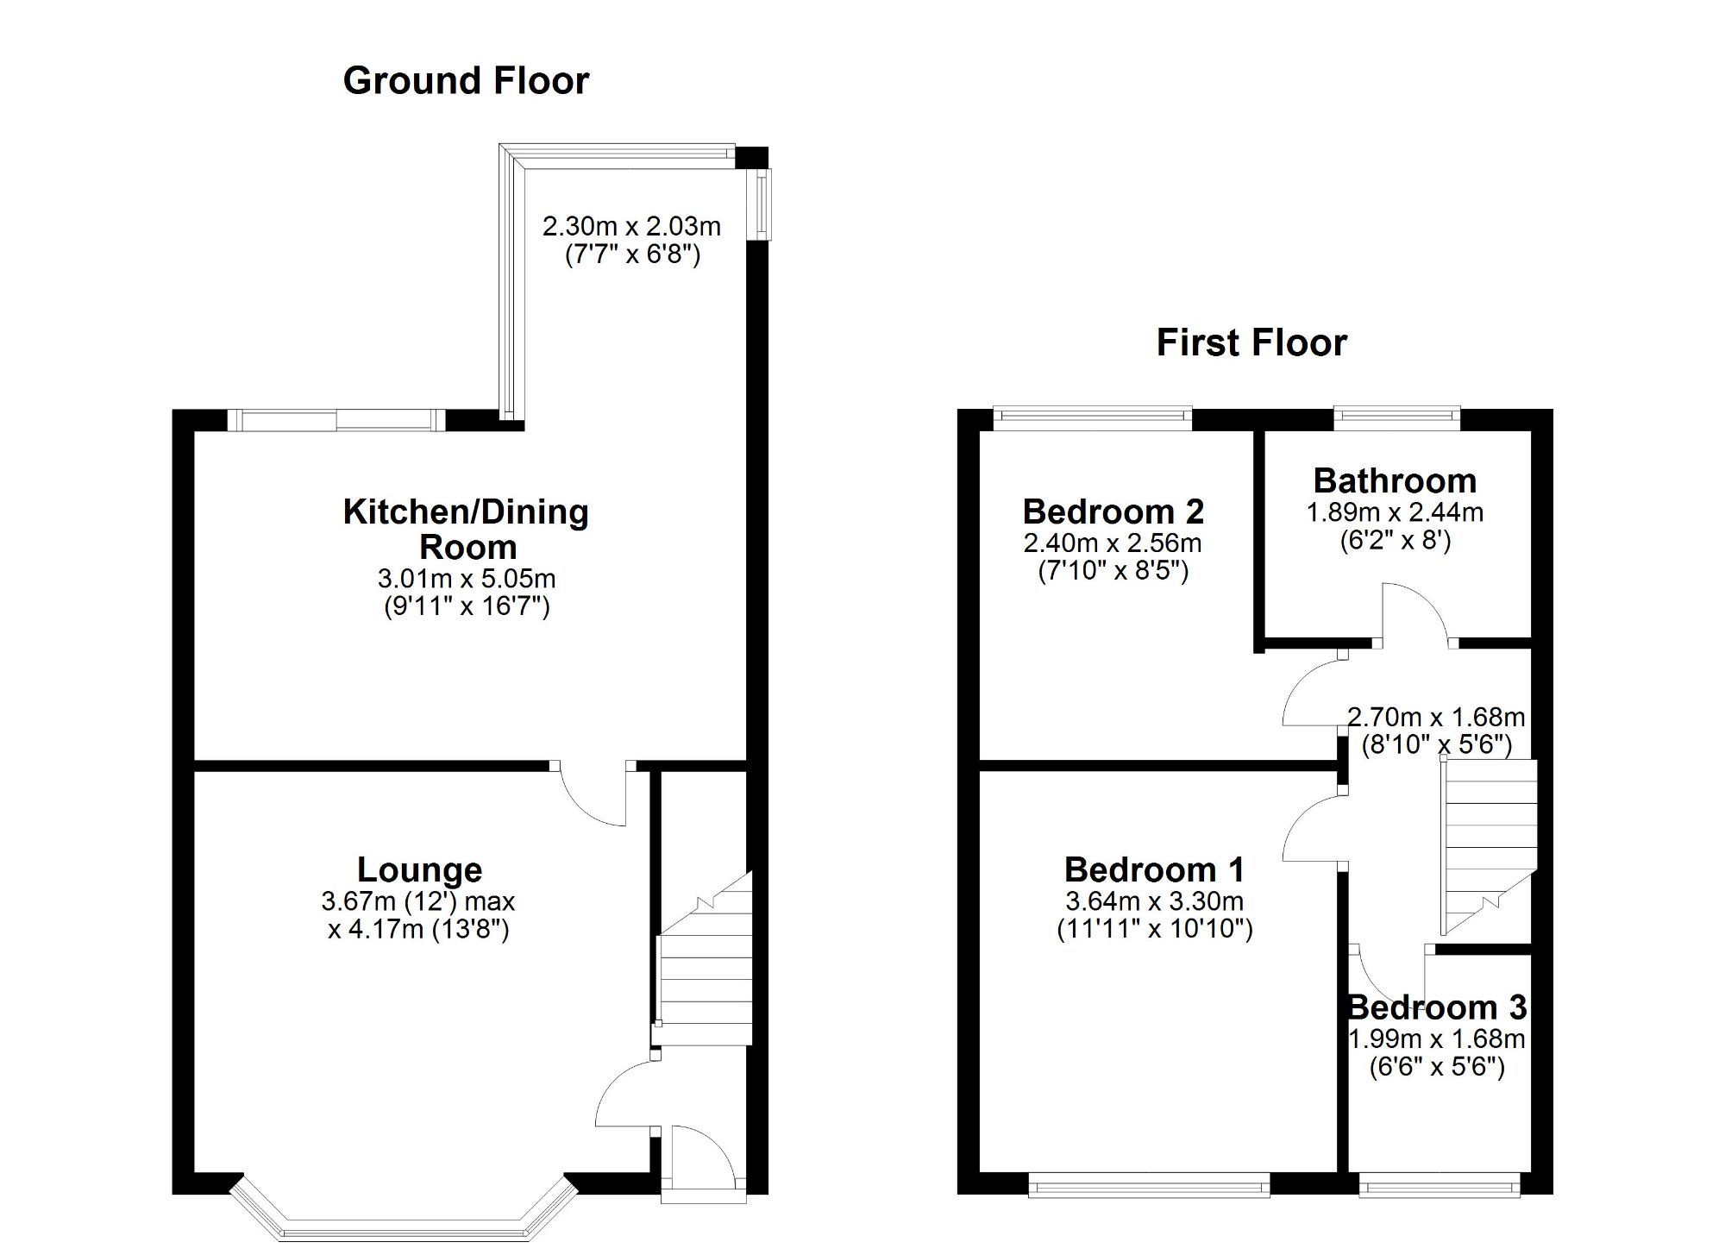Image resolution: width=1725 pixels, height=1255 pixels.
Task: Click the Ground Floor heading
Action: (466, 81)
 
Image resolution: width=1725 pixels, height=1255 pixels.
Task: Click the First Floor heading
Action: (1251, 343)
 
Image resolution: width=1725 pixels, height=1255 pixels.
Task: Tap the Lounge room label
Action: (419, 869)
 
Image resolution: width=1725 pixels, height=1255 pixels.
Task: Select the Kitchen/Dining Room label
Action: (466, 529)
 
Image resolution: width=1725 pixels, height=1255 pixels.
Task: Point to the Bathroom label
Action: (1395, 480)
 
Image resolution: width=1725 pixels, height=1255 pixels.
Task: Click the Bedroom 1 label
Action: (1154, 869)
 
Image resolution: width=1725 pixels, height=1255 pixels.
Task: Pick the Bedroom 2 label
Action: (1113, 511)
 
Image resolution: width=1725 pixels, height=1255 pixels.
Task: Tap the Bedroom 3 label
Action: (1437, 1007)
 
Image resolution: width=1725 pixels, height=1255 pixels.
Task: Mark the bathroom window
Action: (1397, 419)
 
